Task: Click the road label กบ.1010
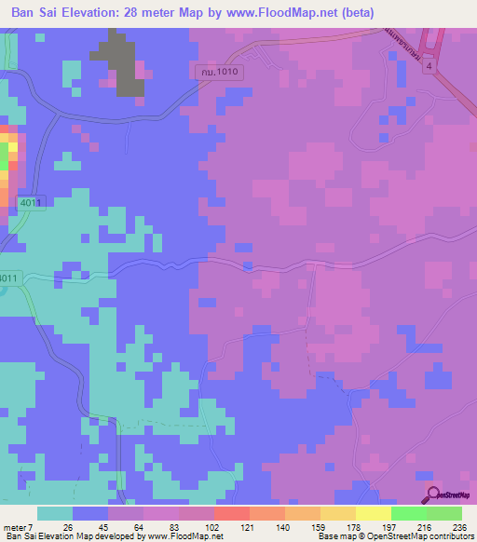coord(220,71)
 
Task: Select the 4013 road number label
coord(31,202)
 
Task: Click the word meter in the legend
coord(15,527)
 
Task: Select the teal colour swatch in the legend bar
coord(55,513)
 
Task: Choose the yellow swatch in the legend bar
coord(374,513)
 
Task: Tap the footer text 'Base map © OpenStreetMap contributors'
coord(392,536)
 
